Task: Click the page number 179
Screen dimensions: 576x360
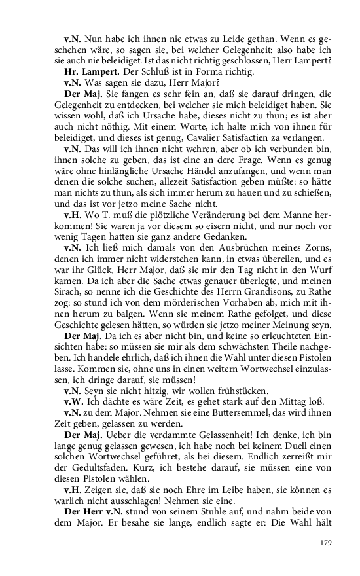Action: (325, 542)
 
